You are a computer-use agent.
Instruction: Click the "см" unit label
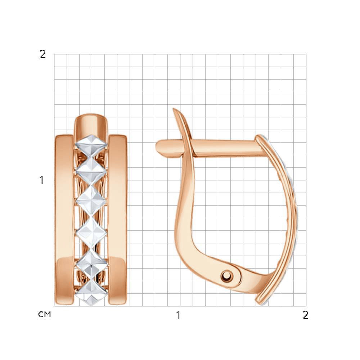[x=44, y=314]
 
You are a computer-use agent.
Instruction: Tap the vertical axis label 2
[x=42, y=54]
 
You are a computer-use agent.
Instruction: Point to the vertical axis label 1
[x=41, y=180]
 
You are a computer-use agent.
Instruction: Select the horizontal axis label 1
[x=178, y=315]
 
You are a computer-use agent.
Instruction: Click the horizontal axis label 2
[x=305, y=315]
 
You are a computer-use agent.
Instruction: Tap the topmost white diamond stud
[x=91, y=144]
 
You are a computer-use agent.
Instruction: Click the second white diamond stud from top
[x=91, y=170]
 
